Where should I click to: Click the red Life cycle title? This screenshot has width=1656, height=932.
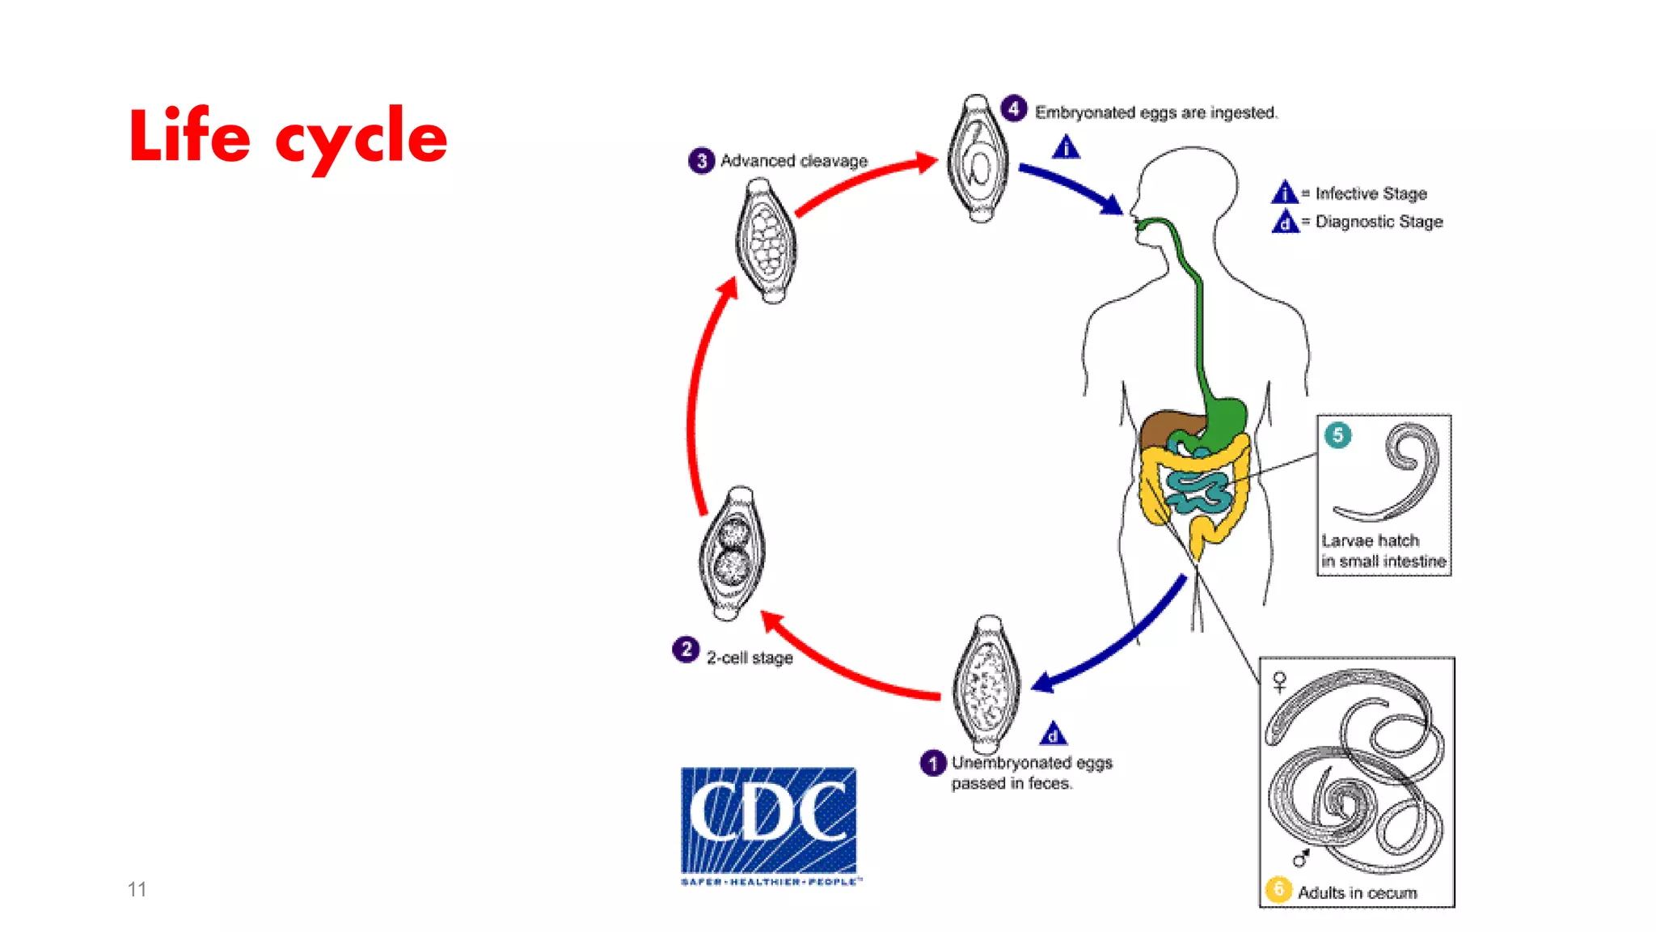287,136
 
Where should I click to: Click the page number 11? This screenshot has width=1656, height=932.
137,889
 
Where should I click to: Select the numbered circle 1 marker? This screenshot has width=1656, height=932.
932,763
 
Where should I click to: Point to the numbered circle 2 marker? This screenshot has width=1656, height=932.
686,649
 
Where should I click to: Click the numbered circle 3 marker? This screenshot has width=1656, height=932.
701,161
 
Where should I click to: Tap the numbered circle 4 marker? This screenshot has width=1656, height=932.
1014,108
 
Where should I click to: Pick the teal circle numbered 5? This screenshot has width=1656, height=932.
1337,435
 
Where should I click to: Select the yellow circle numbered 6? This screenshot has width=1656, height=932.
1278,889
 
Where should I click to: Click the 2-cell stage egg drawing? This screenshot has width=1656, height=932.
732,553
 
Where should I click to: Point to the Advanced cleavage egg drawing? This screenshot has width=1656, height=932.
766,241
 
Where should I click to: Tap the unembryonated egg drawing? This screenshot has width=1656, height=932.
986,684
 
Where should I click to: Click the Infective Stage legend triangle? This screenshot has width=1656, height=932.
1284,193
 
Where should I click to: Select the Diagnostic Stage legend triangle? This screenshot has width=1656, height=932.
1284,222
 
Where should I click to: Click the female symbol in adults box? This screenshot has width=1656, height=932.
1279,682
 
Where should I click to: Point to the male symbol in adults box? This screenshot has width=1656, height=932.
1300,858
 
